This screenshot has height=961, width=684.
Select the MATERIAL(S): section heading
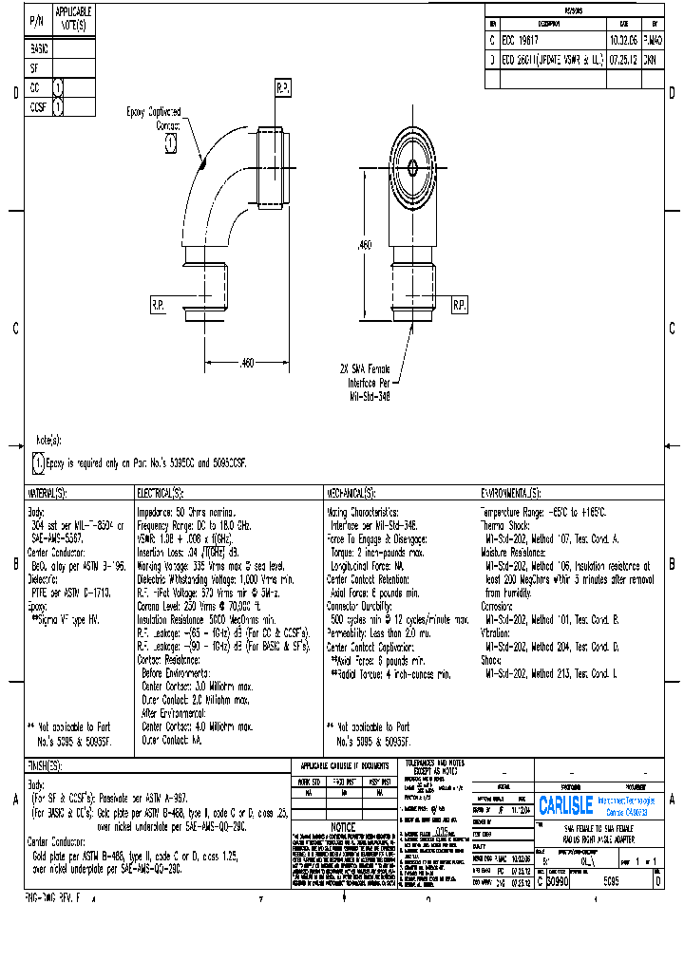pyautogui.click(x=47, y=494)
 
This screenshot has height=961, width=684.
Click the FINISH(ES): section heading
pyautogui.click(x=44, y=766)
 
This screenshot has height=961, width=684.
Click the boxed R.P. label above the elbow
pyautogui.click(x=283, y=88)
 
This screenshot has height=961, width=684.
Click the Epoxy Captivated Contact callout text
pyautogui.click(x=155, y=118)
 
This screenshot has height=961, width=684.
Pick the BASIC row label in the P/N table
pyautogui.click(x=39, y=48)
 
